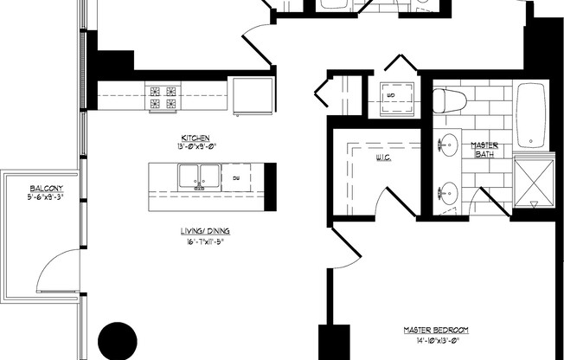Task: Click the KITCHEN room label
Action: pyautogui.click(x=195, y=138)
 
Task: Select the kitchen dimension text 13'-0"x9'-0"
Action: pyautogui.click(x=195, y=146)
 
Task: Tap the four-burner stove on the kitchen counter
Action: pyautogui.click(x=163, y=96)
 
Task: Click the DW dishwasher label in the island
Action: pyautogui.click(x=236, y=177)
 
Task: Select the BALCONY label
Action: pyautogui.click(x=46, y=188)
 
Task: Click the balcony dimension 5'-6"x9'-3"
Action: pyautogui.click(x=46, y=196)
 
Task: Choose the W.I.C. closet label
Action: pyautogui.click(x=385, y=158)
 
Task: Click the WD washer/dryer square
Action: pyautogui.click(x=391, y=95)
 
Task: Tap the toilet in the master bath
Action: pyautogui.click(x=452, y=101)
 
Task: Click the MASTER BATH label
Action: pyautogui.click(x=484, y=150)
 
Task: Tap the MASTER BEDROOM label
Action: pyautogui.click(x=437, y=330)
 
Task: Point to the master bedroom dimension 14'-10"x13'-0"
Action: pyautogui.click(x=437, y=340)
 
